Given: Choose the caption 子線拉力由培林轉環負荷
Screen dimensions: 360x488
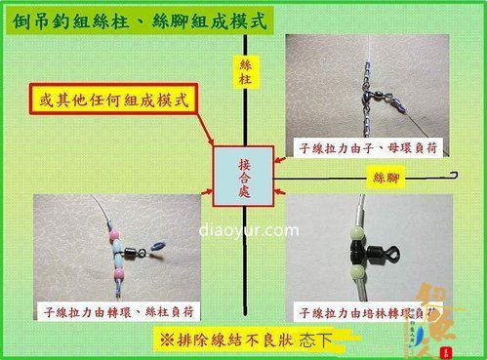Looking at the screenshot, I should [x=366, y=312].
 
